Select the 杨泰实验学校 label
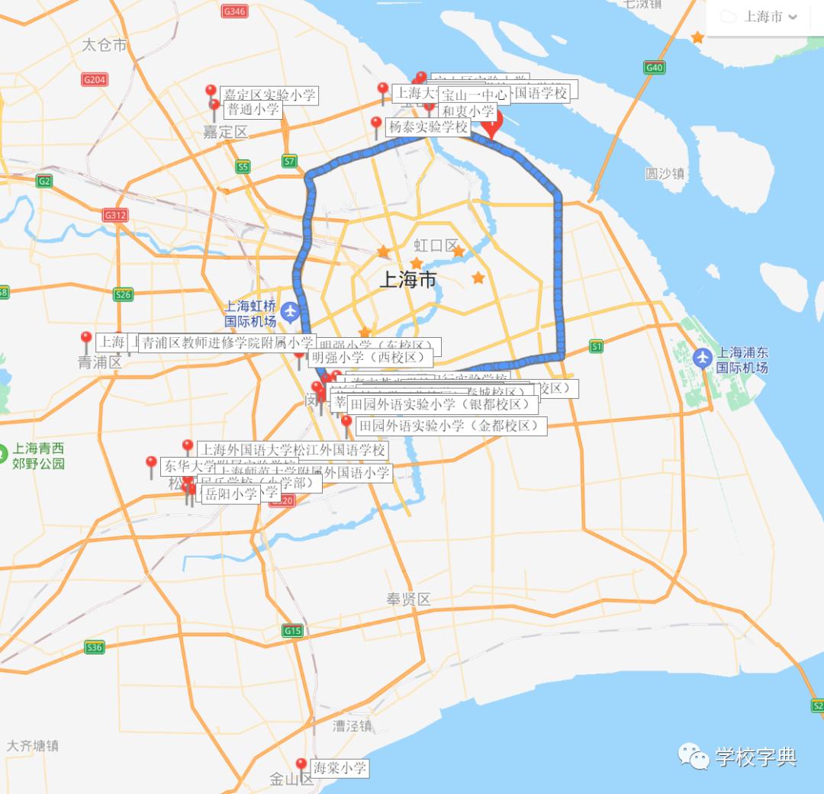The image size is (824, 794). click(x=428, y=127)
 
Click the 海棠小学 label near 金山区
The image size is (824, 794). click(x=340, y=768)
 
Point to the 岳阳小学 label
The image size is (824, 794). click(x=229, y=493)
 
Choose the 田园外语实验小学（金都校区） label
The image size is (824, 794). click(x=451, y=426)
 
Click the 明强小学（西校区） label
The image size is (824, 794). click(x=371, y=356)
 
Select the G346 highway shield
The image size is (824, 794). click(x=233, y=11)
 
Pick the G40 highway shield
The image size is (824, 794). click(x=654, y=68)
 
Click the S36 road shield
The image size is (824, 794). click(x=94, y=648)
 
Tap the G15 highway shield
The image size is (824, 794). click(x=292, y=631)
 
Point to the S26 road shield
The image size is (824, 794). click(x=123, y=294)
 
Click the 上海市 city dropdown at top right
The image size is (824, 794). click(x=764, y=17)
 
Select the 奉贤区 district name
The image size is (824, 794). click(x=408, y=600)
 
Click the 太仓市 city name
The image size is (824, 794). click(x=105, y=45)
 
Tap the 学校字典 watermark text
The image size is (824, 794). click(x=756, y=757)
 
